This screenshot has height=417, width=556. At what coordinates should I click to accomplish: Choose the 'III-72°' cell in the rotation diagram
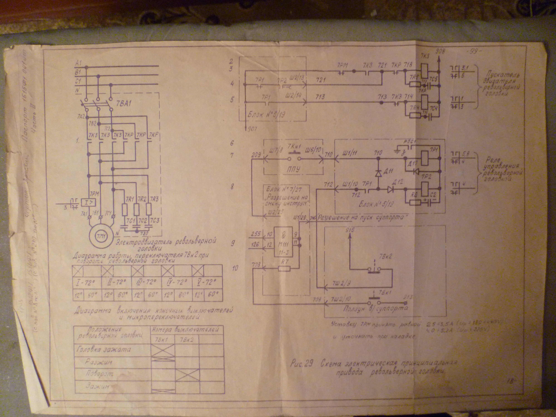[145, 282]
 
